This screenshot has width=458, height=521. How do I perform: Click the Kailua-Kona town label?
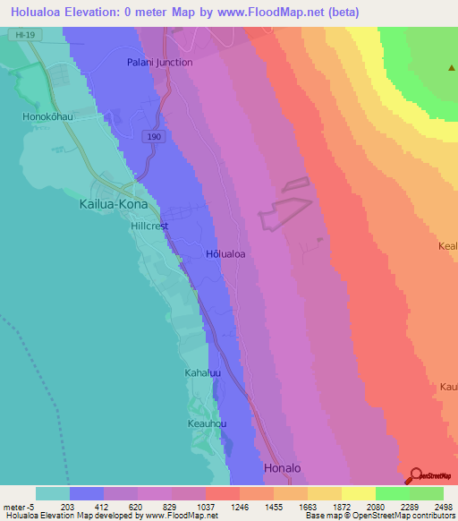pyautogui.click(x=108, y=203)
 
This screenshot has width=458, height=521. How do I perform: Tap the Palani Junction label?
pyautogui.click(x=160, y=63)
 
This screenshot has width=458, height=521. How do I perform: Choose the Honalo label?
pyautogui.click(x=284, y=468)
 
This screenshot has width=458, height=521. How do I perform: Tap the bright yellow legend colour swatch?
pyautogui.click(x=358, y=493)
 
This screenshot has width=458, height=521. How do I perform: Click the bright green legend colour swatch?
pyautogui.click(x=392, y=493)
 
